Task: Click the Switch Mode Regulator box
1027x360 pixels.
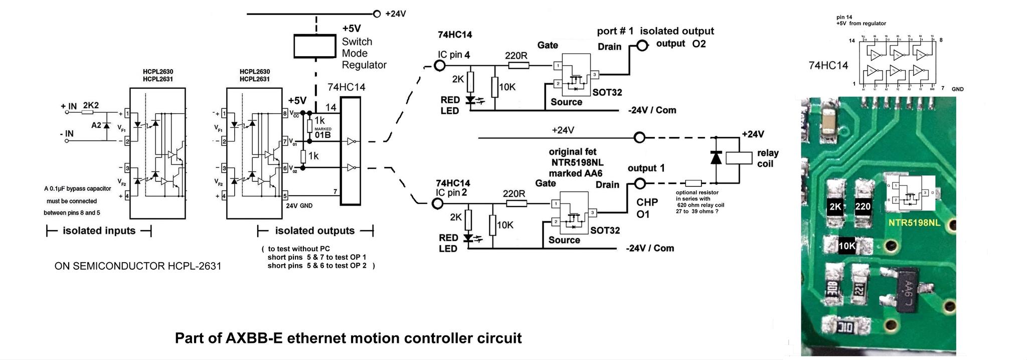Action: tap(314, 46)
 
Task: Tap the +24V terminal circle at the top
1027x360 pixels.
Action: tap(377, 14)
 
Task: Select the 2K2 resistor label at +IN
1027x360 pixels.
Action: tap(91, 105)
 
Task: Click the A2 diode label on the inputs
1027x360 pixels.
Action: tap(96, 125)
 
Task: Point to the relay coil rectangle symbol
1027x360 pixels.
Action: tap(739, 158)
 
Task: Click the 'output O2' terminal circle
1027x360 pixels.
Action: tap(642, 46)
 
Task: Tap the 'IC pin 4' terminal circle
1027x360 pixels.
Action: tap(440, 65)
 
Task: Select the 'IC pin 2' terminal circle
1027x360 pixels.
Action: tap(438, 203)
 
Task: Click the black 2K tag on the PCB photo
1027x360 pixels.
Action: tap(835, 207)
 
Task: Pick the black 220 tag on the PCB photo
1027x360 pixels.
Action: tap(863, 207)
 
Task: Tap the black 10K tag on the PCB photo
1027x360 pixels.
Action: tap(846, 246)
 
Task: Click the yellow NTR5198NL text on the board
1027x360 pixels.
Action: tap(914, 223)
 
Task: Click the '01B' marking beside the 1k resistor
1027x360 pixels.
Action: tap(322, 135)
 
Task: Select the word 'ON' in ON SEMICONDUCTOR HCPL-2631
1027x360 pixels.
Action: tap(62, 266)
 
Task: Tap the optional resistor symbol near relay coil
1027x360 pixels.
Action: tap(693, 184)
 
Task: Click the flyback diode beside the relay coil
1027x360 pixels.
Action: tap(716, 158)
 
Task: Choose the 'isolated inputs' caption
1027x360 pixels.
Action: tap(99, 231)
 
